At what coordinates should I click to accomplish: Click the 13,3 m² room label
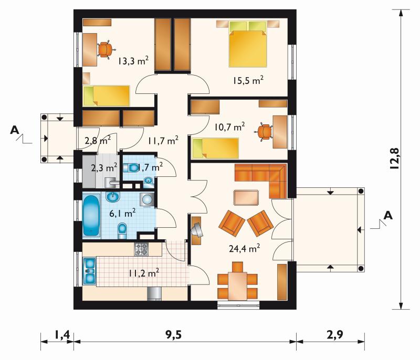point(133,61)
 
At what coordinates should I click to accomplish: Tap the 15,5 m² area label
point(248,80)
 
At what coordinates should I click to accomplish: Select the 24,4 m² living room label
point(244,248)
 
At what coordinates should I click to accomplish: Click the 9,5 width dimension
point(173,335)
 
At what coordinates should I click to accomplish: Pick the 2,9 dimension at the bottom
point(335,335)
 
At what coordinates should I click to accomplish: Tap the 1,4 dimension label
point(62,335)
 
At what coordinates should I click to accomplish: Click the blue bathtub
point(91,216)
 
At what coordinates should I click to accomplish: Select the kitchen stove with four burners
point(141,249)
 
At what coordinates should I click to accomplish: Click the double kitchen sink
point(89,271)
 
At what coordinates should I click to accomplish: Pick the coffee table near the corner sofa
point(246,197)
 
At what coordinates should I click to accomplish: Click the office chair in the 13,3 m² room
point(106,49)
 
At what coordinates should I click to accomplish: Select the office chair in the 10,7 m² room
point(264,132)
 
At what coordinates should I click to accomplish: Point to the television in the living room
point(198,230)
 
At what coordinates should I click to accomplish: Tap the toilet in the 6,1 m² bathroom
point(122,231)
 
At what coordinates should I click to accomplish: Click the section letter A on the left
point(15,130)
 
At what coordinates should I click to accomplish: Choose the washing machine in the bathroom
point(146,199)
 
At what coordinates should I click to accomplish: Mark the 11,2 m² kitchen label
point(144,273)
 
